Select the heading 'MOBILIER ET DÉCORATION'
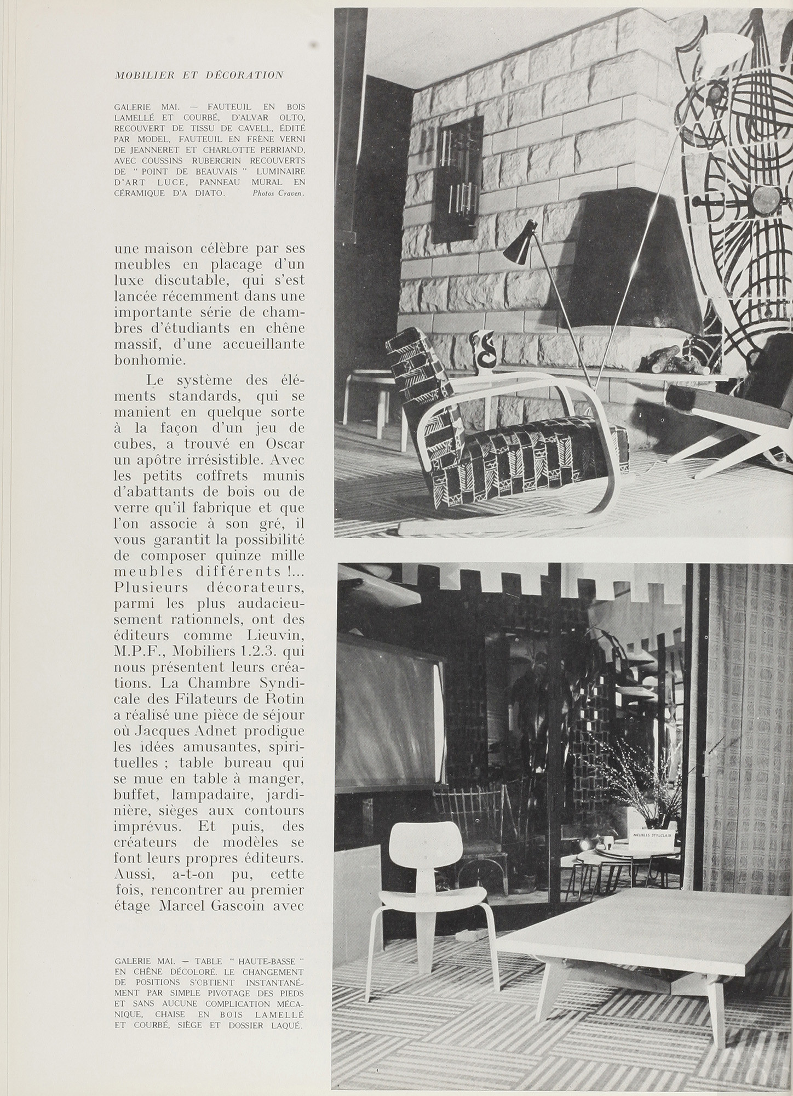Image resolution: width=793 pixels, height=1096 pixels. [x=199, y=75]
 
